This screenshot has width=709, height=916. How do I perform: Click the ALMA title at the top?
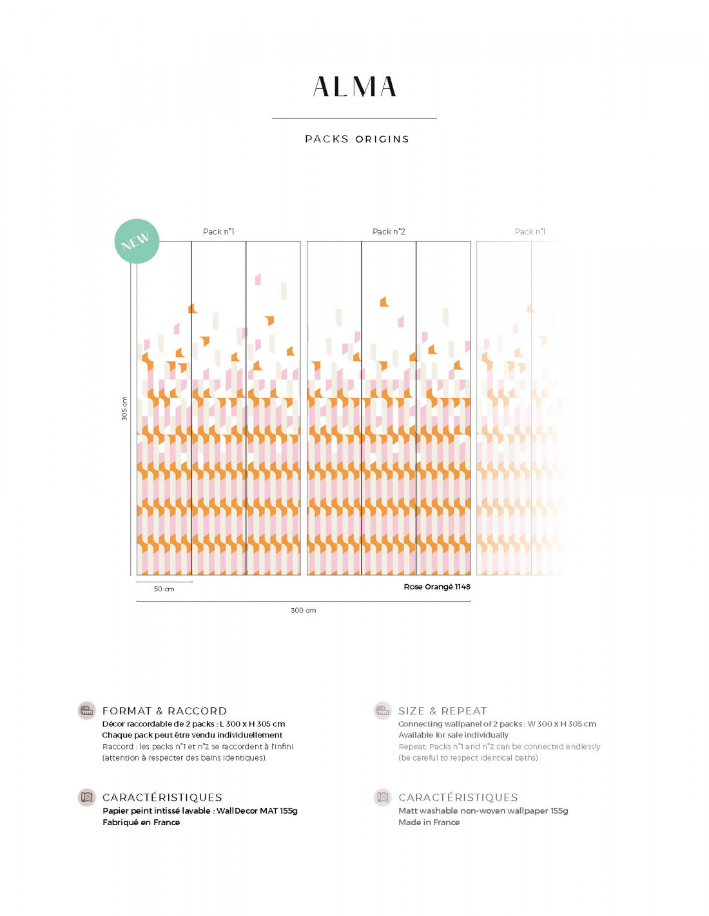(354, 87)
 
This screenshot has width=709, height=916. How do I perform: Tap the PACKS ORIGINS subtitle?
(357, 139)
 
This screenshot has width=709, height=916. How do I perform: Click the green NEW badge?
(137, 241)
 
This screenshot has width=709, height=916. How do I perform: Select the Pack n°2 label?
(389, 231)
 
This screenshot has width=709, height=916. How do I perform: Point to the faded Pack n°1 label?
(530, 231)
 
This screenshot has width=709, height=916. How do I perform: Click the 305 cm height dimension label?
(124, 408)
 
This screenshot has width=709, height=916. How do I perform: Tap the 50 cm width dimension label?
(164, 589)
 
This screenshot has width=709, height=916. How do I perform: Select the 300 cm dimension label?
(304, 610)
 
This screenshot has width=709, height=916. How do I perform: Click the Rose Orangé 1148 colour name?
(437, 587)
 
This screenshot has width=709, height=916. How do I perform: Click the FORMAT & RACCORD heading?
(164, 711)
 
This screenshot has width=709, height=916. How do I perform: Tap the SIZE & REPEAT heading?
(442, 711)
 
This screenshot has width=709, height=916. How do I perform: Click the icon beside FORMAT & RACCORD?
(86, 711)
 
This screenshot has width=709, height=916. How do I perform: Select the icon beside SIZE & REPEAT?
(383, 711)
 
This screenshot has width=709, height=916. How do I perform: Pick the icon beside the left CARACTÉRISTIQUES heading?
(86, 797)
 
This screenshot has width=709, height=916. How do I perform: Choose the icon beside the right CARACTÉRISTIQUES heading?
(383, 797)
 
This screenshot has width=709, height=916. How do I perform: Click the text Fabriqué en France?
(141, 823)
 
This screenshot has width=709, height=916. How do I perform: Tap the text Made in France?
(429, 823)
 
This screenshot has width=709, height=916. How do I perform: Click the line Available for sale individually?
(453, 735)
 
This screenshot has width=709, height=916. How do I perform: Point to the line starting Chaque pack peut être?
(192, 735)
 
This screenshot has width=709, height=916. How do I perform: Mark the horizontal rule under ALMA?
(354, 118)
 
